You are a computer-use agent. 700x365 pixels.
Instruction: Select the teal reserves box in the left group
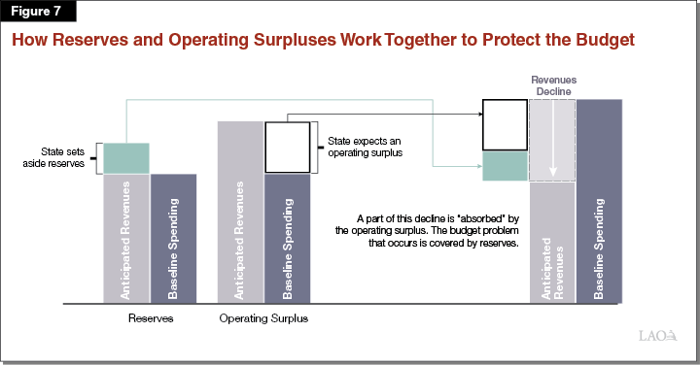click(126, 157)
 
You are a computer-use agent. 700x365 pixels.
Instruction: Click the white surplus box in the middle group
click(287, 147)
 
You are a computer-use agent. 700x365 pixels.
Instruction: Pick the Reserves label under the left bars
click(151, 317)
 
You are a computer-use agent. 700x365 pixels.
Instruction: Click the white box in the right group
click(506, 125)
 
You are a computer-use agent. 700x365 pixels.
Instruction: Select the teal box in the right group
click(506, 166)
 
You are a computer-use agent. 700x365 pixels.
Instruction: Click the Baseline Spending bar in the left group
click(174, 238)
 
